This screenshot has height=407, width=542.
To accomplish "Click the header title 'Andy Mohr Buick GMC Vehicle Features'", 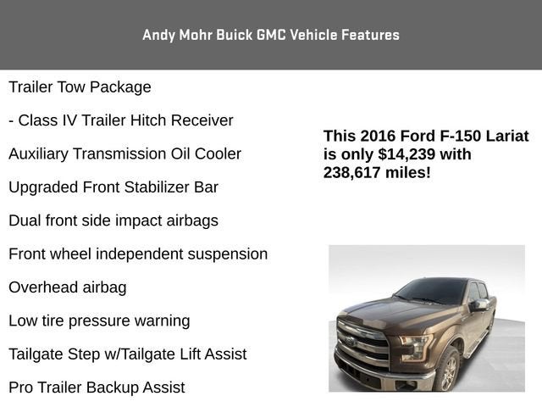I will [271, 35].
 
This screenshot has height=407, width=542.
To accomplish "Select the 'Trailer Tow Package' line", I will [80, 87].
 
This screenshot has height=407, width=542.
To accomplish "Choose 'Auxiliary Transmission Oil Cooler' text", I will [124, 154].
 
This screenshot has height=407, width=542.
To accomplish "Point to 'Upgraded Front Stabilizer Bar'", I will [113, 187].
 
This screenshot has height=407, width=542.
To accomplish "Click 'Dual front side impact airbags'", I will [113, 220].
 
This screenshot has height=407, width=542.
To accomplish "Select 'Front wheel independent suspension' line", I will [138, 254].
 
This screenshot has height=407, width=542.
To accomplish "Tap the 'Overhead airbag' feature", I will [68, 287].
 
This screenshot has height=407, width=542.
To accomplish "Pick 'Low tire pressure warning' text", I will [99, 321].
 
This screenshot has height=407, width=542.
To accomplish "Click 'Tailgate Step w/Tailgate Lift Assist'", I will [128, 354].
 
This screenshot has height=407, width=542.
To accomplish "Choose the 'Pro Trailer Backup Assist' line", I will [97, 387].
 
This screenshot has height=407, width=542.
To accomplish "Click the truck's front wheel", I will [447, 369].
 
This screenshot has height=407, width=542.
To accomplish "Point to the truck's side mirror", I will [479, 305].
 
